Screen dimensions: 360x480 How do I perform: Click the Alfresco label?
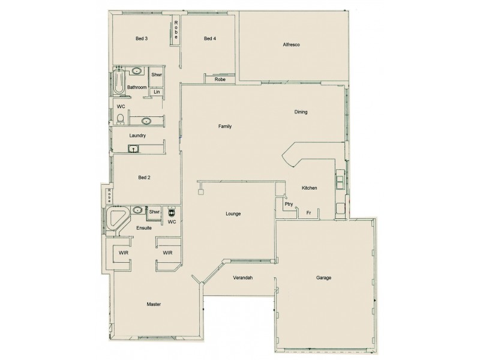tap(292, 45)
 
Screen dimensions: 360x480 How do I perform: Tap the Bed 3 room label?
tap(142, 39)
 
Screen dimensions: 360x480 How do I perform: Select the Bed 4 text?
tap(209, 39)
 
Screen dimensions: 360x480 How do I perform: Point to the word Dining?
tap(301, 112)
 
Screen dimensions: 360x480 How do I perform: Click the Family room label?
tap(225, 127)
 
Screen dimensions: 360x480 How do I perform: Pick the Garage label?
tap(323, 278)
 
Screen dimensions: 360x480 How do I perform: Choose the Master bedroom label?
tap(154, 305)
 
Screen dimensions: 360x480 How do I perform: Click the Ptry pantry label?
tap(289, 205)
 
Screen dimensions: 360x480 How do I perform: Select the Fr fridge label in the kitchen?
tap(308, 212)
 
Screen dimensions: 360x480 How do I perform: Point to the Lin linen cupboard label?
tap(156, 92)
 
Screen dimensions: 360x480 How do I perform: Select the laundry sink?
tap(133, 148)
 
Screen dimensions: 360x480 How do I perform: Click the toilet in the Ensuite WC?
tap(172, 212)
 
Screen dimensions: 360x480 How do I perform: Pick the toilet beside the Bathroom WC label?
tap(121, 118)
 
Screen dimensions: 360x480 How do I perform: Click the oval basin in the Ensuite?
tap(137, 211)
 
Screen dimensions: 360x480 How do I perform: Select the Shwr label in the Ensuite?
tap(154, 212)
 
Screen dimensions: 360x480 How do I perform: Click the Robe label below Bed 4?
tap(220, 79)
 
